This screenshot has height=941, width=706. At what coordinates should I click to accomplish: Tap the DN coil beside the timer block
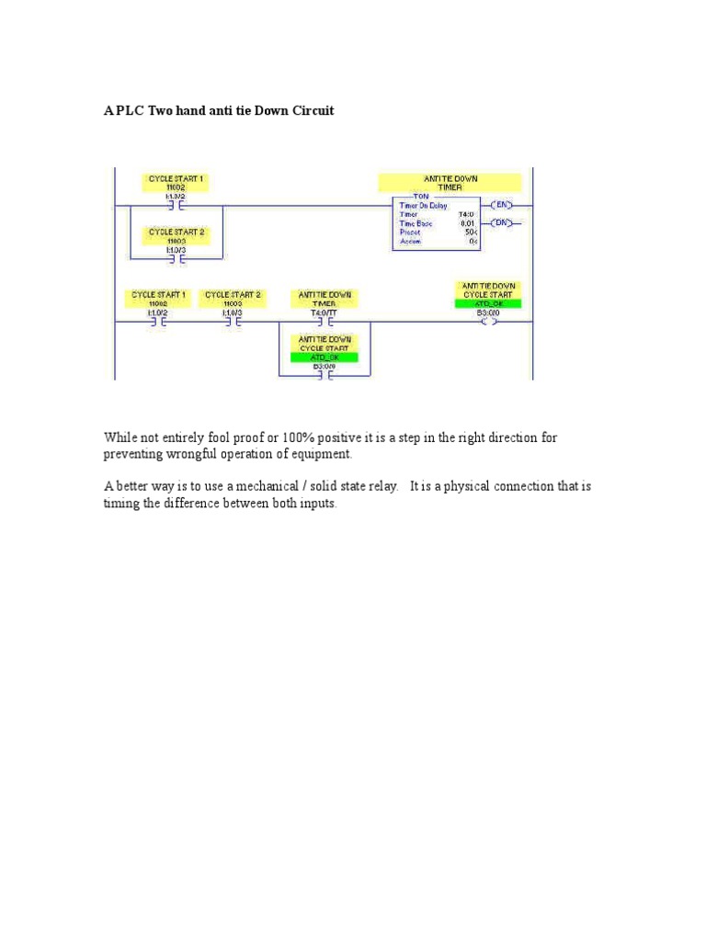tap(504, 222)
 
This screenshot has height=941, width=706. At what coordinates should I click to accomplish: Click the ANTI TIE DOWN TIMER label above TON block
tap(450, 182)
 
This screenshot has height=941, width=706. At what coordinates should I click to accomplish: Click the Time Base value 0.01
tap(467, 222)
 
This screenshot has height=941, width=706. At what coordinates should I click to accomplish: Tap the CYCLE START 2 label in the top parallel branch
tap(176, 236)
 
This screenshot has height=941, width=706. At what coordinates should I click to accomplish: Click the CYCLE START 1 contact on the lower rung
tap(158, 323)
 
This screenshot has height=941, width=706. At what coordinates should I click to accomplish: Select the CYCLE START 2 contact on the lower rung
tap(232, 323)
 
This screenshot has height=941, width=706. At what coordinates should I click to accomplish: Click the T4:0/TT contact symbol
tap(324, 323)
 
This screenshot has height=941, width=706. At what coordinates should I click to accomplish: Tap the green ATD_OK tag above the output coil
tap(488, 303)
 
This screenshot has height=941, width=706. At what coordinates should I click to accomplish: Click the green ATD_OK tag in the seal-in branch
tap(324, 357)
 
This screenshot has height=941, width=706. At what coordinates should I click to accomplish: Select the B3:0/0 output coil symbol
tap(488, 323)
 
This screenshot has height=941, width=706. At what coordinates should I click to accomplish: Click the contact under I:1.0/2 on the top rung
tap(175, 206)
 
